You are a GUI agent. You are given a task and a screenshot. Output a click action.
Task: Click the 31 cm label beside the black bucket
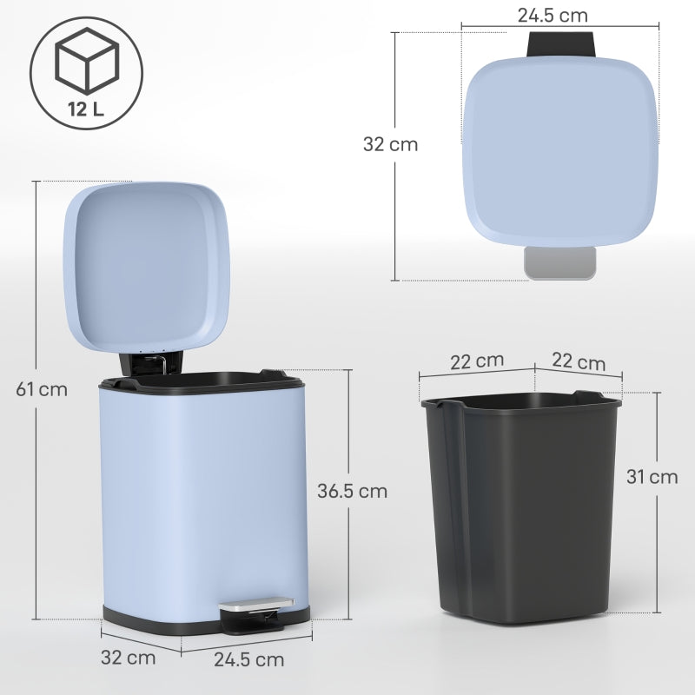[x=652, y=476]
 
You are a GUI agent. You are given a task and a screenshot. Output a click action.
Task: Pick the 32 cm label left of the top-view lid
[x=390, y=144]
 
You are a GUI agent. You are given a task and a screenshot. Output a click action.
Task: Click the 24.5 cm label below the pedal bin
[x=248, y=659]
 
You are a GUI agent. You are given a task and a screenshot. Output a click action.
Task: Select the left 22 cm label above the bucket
[x=477, y=361]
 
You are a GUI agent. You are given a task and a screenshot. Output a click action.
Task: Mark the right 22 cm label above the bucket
[x=579, y=361]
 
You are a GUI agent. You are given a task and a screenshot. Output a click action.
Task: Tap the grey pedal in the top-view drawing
[x=560, y=263]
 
